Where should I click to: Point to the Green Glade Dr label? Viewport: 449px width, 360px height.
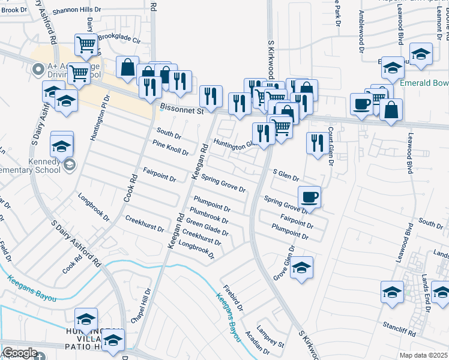(207, 227)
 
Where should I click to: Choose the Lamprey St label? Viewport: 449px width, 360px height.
(270, 337)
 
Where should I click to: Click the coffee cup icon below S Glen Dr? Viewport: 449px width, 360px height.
(309, 196)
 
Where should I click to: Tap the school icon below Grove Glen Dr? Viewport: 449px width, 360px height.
(302, 267)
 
